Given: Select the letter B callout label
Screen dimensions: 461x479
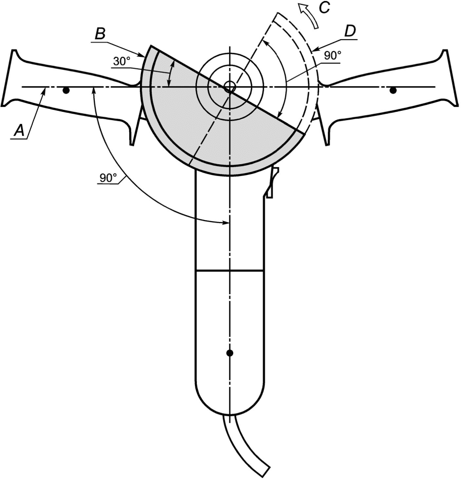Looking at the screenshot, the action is point(99,35).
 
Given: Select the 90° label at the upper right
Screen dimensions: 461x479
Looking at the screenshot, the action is point(332,55).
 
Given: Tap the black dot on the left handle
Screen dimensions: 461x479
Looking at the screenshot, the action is point(66,91).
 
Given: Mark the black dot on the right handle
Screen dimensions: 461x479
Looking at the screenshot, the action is point(393,91).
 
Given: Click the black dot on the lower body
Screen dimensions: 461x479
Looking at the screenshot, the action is point(229,353).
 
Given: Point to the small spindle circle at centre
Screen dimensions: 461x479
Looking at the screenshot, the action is point(229,87).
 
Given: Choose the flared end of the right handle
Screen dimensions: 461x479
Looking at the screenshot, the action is point(448,78).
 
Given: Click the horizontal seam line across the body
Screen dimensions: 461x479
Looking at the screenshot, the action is point(229,270).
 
